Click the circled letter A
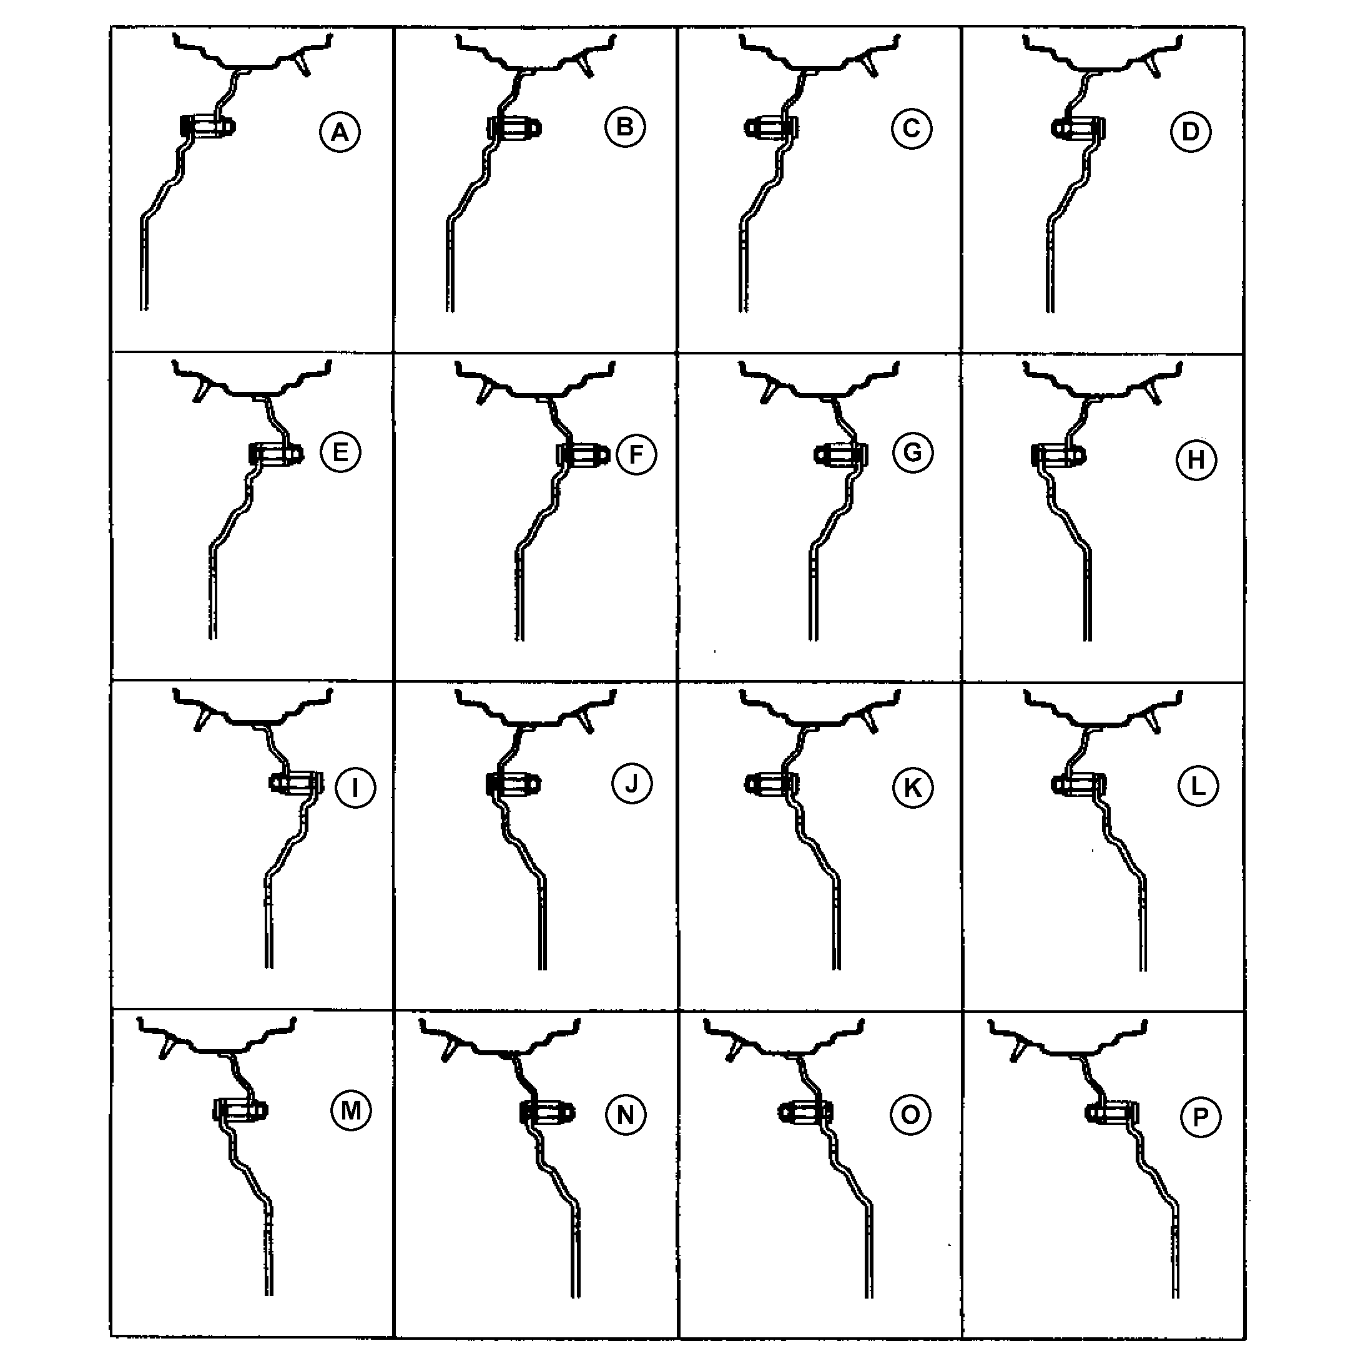pyautogui.click(x=340, y=132)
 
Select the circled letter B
pyautogui.click(x=624, y=127)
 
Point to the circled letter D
pyautogui.click(x=1190, y=131)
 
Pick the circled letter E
pyautogui.click(x=340, y=452)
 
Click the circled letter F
pyautogui.click(x=636, y=454)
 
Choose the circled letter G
pyautogui.click(x=913, y=452)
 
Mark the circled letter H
pyautogui.click(x=1196, y=459)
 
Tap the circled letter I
pyautogui.click(x=355, y=788)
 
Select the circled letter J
pyautogui.click(x=631, y=783)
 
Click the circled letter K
pyautogui.click(x=913, y=788)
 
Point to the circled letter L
pyautogui.click(x=1198, y=786)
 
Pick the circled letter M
pyautogui.click(x=351, y=1111)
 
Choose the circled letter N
pyautogui.click(x=625, y=1115)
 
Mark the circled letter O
pyautogui.click(x=910, y=1115)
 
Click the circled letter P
pyautogui.click(x=1200, y=1116)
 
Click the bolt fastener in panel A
pyautogui.click(x=208, y=126)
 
